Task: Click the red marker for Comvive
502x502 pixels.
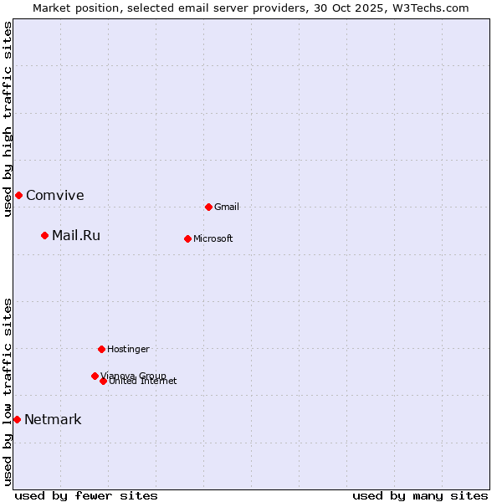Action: (x=18, y=195)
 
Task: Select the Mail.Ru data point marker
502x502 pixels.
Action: (x=44, y=235)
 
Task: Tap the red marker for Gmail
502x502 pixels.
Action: (x=208, y=207)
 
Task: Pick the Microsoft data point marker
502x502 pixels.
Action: (x=187, y=238)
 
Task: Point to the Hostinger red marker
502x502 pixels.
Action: (x=101, y=349)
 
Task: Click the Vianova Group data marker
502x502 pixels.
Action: (x=95, y=376)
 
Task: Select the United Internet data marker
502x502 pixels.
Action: (x=103, y=381)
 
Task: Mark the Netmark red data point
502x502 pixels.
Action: (x=17, y=419)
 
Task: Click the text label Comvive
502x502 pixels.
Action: (x=55, y=195)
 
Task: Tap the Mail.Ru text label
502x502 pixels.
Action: (x=76, y=235)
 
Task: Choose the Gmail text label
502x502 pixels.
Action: (x=227, y=207)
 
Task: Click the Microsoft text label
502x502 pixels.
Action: (x=213, y=238)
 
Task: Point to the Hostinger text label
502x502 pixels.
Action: (x=128, y=349)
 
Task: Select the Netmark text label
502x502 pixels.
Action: (x=53, y=419)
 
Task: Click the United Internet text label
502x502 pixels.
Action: (x=143, y=382)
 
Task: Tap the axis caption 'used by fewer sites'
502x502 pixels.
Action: (x=86, y=495)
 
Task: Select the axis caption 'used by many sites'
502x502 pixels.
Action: (x=420, y=495)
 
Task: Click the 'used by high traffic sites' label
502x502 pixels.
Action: (x=8, y=119)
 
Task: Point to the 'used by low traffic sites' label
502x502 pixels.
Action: (x=8, y=391)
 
